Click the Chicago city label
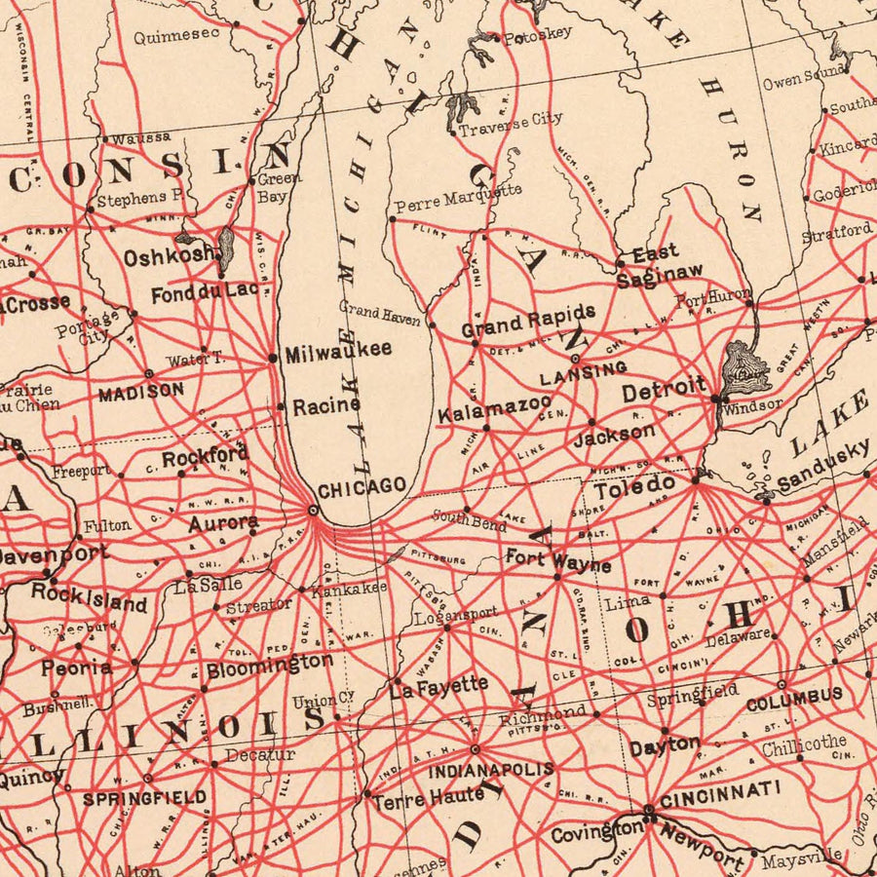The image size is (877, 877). [362, 486]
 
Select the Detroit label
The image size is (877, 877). [664, 389]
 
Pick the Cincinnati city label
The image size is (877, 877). [719, 793]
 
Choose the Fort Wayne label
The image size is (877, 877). [557, 562]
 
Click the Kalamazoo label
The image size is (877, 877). [494, 408]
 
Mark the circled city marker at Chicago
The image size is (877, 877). [313, 510]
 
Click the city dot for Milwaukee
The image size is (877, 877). [273, 358]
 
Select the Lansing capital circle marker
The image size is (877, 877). [575, 359]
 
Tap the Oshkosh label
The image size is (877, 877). [169, 256]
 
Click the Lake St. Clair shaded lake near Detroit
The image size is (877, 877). [745, 365]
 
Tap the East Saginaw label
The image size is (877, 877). [659, 264]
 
